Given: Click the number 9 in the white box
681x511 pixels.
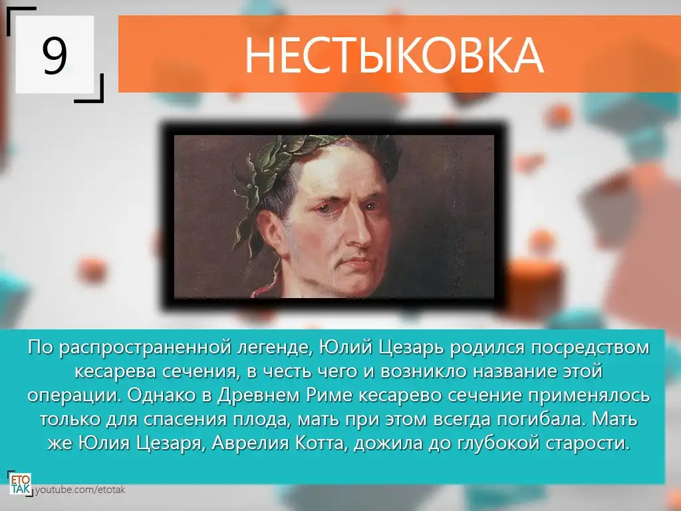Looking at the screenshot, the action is coord(55,55).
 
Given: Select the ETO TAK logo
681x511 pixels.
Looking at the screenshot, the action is coord(21,484).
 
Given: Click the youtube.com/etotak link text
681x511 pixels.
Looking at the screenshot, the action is coord(80,490).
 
